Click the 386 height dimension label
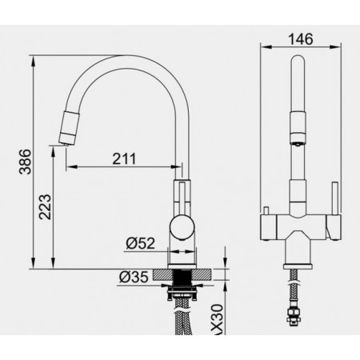click(26, 162)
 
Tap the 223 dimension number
click(45, 207)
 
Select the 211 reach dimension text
click(124, 159)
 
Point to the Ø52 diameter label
click(141, 243)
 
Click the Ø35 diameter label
click(134, 277)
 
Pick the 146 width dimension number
click(301, 39)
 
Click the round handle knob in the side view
click(182, 227)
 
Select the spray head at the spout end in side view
click(69, 128)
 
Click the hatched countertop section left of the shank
click(162, 275)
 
